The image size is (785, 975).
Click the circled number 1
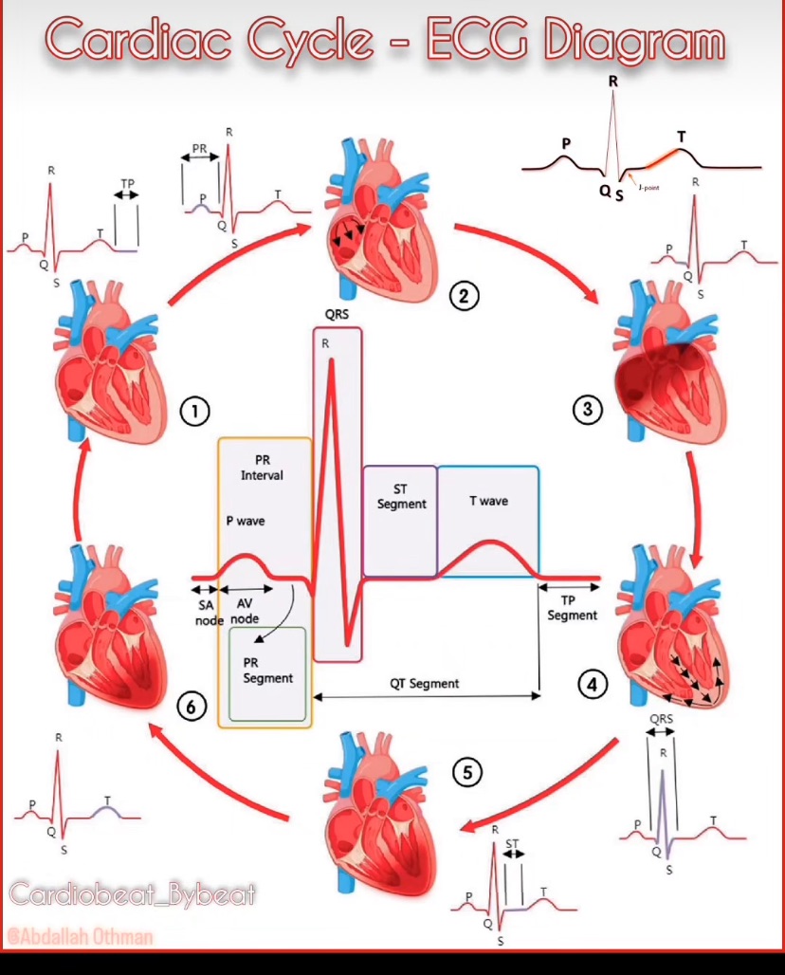point(194,412)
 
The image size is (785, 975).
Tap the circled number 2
point(463,297)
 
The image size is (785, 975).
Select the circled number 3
point(588,409)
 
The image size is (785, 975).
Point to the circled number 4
point(593,683)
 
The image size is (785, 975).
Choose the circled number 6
point(192,706)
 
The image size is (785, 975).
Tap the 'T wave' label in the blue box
point(488,501)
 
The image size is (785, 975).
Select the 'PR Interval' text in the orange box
point(262,468)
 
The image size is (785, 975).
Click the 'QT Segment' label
point(424,683)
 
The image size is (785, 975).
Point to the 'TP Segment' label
point(572,608)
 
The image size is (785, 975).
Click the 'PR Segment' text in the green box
point(268,671)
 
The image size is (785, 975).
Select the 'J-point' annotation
point(648,189)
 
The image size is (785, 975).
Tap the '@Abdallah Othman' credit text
point(80,937)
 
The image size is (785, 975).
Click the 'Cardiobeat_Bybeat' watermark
point(133,894)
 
